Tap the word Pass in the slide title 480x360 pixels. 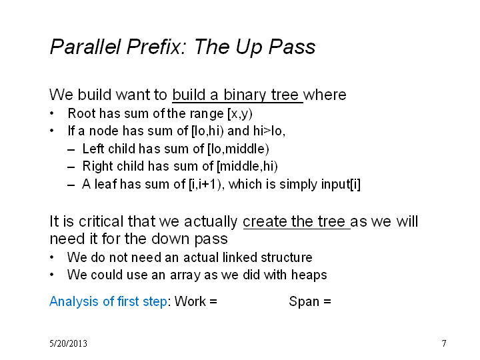coord(292,47)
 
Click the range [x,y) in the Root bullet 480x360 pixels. coord(240,114)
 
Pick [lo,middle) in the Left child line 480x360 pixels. coord(238,149)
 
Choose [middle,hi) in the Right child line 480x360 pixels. coord(247,167)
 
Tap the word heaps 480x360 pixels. coord(309,275)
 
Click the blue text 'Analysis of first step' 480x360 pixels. coord(109,301)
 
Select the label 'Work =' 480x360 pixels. coord(196,301)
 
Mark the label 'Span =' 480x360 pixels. coord(310,302)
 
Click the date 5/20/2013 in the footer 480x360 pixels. coord(68,343)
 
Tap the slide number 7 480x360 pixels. coord(444,343)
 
